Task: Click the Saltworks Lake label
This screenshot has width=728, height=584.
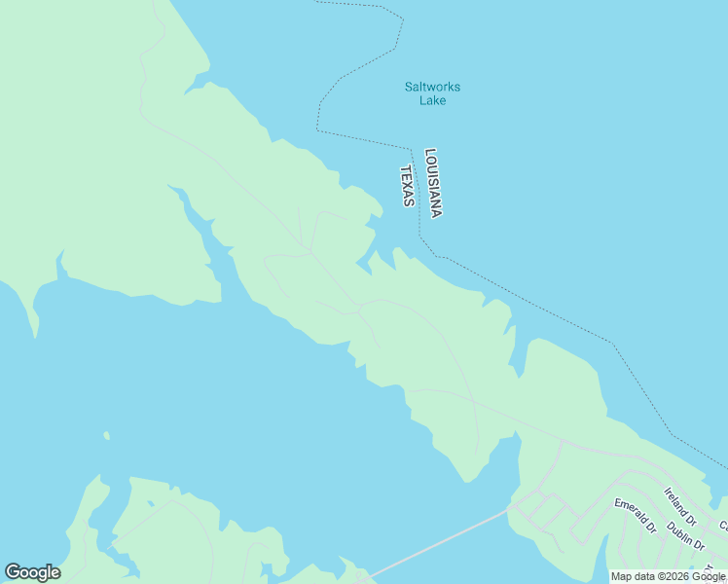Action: [432, 93]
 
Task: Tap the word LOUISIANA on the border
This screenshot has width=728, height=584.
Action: [434, 183]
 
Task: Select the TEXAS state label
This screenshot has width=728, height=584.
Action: [408, 186]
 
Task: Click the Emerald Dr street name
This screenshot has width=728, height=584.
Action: [634, 516]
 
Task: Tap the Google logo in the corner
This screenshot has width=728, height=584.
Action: [32, 572]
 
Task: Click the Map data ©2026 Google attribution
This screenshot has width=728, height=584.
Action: [668, 576]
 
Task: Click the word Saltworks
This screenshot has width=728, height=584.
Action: [432, 87]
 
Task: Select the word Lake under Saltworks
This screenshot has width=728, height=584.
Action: [432, 100]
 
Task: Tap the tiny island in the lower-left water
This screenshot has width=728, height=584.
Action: [106, 436]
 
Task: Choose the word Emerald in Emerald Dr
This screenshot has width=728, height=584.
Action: [629, 511]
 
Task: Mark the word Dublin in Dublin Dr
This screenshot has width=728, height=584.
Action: [680, 530]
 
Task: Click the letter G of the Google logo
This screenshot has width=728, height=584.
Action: [13, 571]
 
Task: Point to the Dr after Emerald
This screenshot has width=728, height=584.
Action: [650, 530]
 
